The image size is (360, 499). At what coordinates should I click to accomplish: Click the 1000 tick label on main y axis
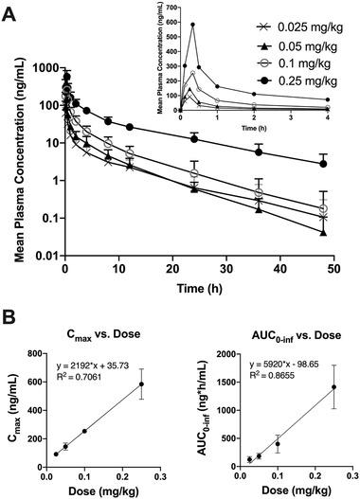pyautogui.click(x=42, y=68)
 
